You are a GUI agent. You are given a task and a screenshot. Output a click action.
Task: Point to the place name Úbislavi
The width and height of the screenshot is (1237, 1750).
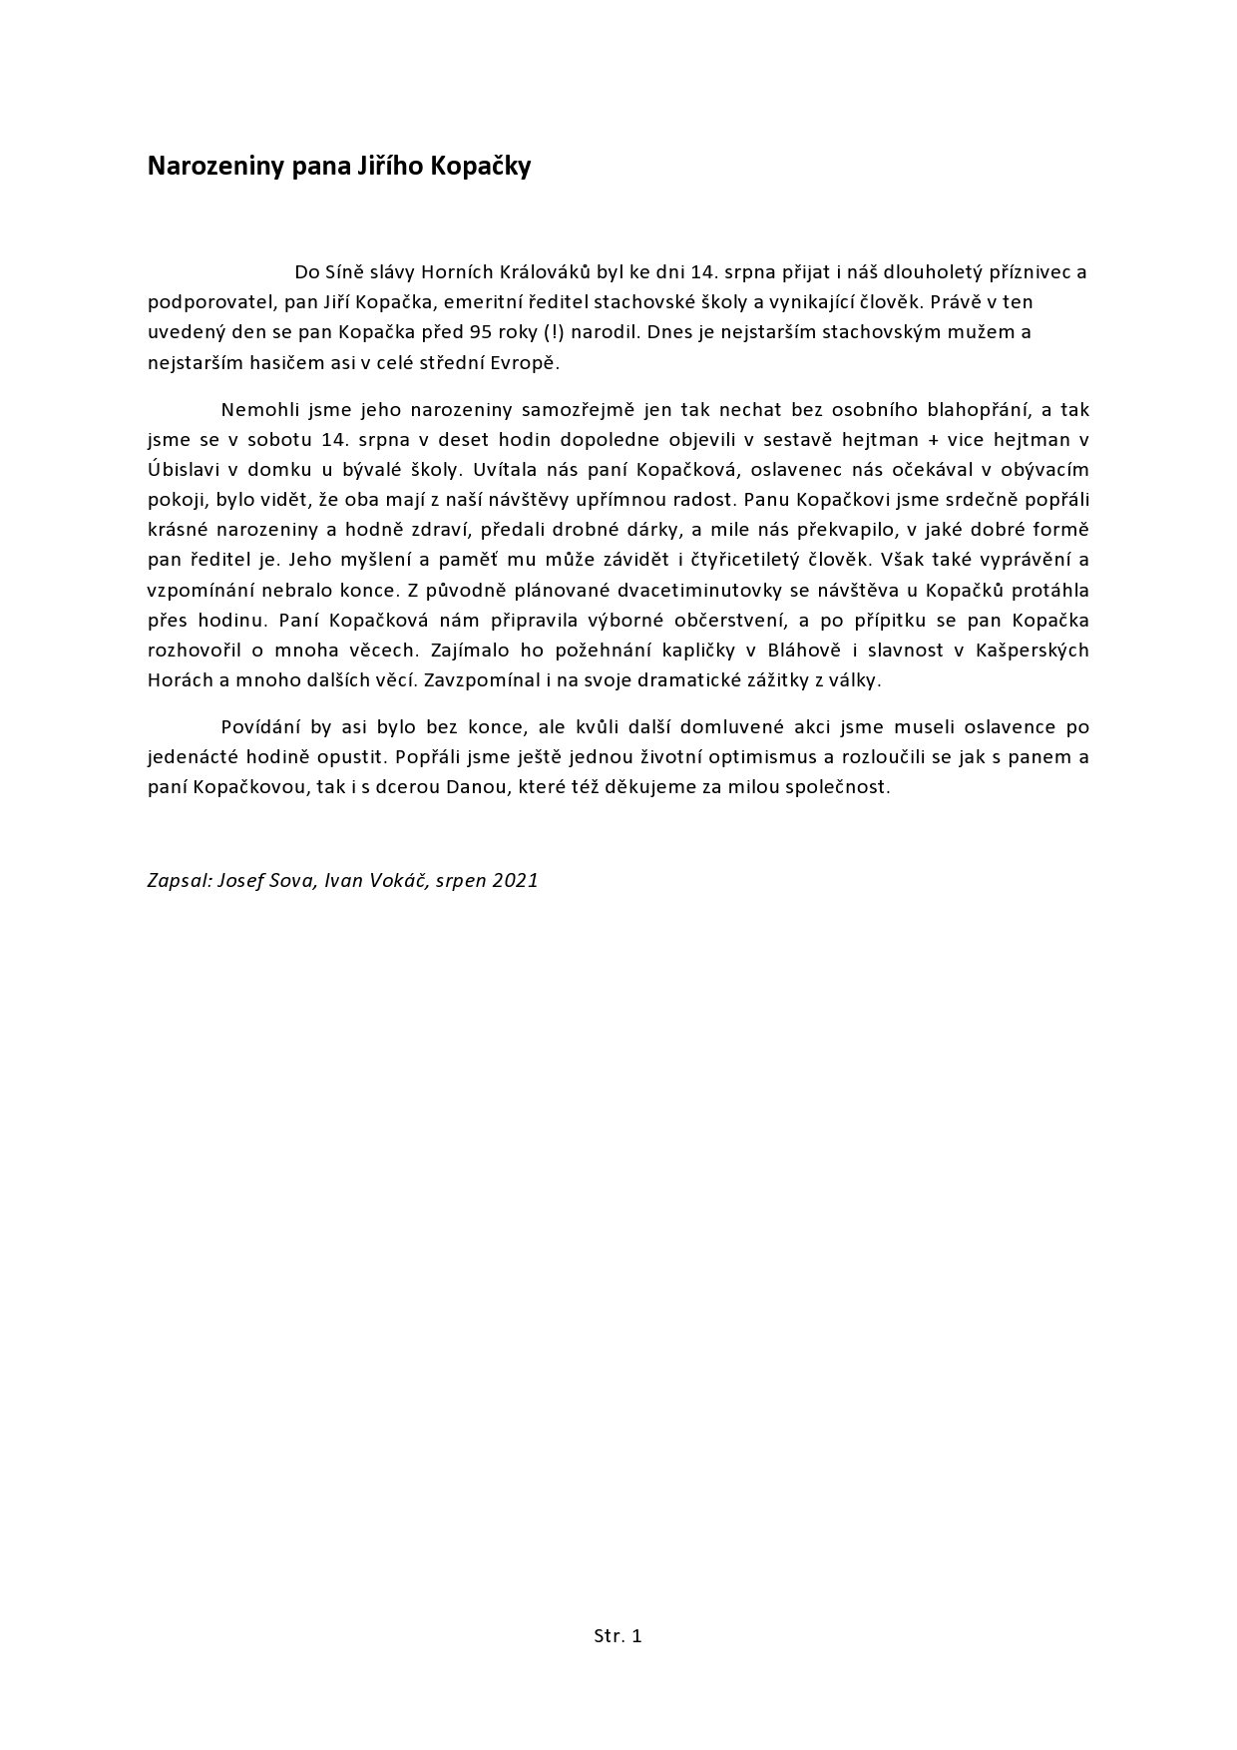182,469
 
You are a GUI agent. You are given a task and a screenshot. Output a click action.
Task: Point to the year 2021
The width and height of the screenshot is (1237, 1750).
515,880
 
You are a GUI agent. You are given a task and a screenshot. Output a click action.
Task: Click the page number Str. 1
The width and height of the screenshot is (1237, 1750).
618,1635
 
